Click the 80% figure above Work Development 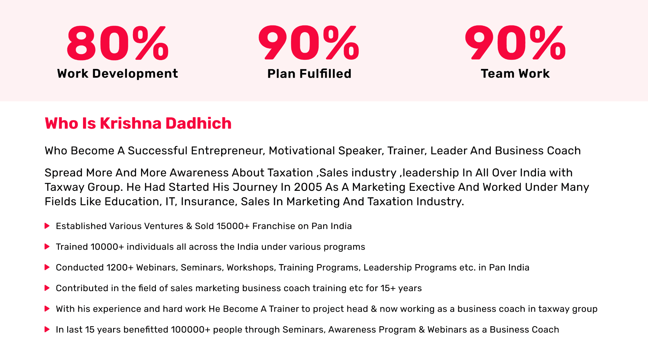tap(117, 43)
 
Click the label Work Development tap(117, 74)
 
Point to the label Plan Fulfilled tap(309, 74)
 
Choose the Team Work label tap(515, 74)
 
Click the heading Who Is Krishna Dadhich tap(138, 123)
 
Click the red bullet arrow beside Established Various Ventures tap(47, 226)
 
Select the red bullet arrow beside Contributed tap(47, 288)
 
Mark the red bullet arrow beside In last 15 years tap(47, 329)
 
